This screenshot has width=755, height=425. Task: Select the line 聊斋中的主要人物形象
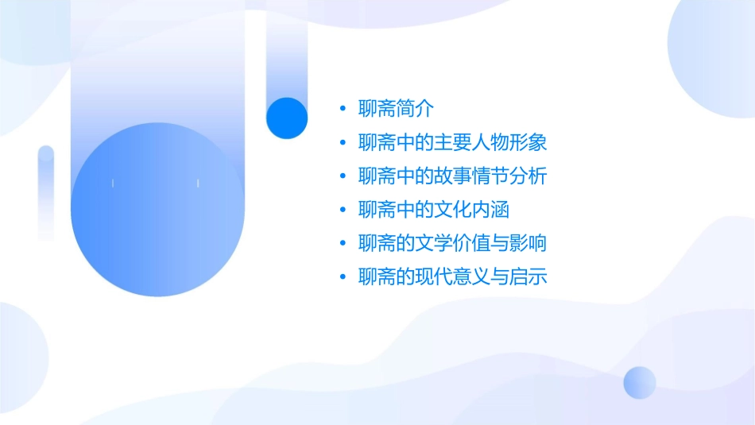tap(452, 143)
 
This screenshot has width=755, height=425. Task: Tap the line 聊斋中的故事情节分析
tap(452, 176)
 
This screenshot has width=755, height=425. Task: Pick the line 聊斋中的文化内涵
tap(433, 210)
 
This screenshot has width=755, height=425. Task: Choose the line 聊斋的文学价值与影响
tap(452, 243)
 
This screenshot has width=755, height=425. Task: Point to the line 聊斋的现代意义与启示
tap(452, 277)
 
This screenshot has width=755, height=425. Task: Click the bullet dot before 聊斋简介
tap(343, 109)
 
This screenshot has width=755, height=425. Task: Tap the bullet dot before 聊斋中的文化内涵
tap(343, 211)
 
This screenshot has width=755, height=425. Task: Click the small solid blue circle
tap(287, 118)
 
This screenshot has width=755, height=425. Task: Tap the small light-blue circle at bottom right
tap(640, 382)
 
